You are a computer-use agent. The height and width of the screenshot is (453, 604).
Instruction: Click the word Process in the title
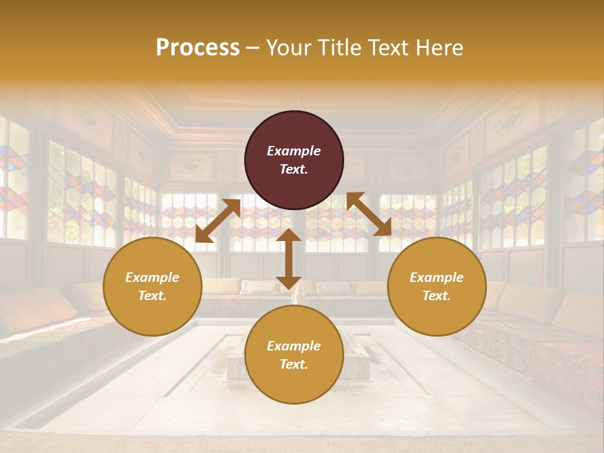pyautogui.click(x=198, y=48)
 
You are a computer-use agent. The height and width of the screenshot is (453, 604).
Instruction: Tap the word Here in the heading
pyautogui.click(x=439, y=48)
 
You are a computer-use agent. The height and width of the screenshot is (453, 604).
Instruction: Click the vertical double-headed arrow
pyautogui.click(x=289, y=259)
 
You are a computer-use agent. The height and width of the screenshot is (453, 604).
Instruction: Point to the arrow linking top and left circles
pyautogui.click(x=218, y=221)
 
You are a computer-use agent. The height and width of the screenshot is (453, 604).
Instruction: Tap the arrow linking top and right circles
pyautogui.click(x=369, y=215)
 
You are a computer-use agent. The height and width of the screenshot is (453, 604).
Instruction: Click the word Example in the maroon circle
pyautogui.click(x=294, y=151)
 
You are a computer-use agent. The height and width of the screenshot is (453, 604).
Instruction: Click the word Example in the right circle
pyautogui.click(x=437, y=277)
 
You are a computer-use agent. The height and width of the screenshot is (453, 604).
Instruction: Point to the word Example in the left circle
pyautogui.click(x=152, y=277)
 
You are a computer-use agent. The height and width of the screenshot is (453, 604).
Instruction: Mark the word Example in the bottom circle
pyautogui.click(x=294, y=346)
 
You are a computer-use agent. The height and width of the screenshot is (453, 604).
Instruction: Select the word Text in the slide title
pyautogui.click(x=389, y=48)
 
